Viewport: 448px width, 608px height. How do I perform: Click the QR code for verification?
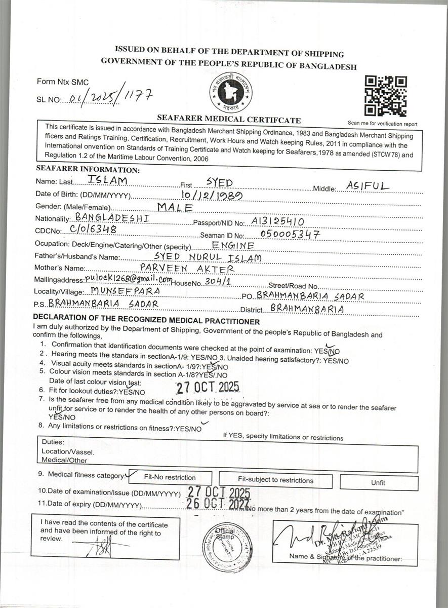[x=386, y=96]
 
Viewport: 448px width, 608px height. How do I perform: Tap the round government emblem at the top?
[x=231, y=93]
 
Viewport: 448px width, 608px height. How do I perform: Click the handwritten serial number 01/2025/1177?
[x=107, y=96]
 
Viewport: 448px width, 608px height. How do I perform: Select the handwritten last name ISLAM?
[x=107, y=180]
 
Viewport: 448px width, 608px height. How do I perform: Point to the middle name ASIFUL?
[x=368, y=186]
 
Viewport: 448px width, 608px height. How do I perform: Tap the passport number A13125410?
[x=277, y=221]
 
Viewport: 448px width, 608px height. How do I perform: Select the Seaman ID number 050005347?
[x=291, y=234]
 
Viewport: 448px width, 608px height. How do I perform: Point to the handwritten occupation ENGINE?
[x=233, y=245]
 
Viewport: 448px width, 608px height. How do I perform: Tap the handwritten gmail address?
[x=129, y=279]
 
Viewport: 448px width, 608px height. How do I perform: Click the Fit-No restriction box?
[x=170, y=477]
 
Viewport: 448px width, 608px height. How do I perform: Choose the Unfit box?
[x=378, y=482]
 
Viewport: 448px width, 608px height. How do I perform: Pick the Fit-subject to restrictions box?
[x=276, y=480]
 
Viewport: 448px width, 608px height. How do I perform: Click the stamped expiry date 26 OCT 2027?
[x=219, y=503]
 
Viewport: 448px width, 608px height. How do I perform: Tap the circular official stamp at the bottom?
[x=227, y=546]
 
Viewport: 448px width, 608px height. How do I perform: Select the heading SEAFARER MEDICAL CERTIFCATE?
[x=229, y=120]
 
